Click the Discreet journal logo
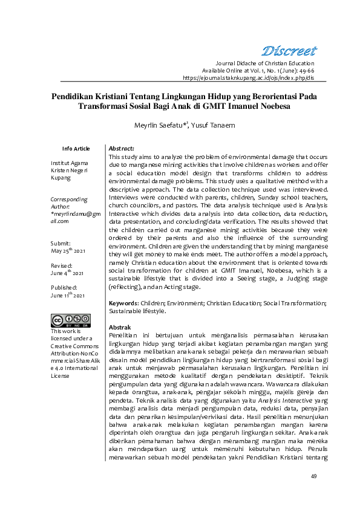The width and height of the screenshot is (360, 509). pos(289,50)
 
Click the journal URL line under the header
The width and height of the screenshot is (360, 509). pos(248,78)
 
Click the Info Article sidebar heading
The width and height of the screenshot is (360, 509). pos(76,149)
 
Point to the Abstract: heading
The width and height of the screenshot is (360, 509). pos(121,148)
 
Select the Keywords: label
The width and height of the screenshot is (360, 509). pos(123,303)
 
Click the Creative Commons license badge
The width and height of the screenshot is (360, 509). pos(70,320)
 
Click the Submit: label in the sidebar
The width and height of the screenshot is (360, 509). pos(61,243)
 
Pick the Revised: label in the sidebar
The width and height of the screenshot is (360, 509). pos(62,265)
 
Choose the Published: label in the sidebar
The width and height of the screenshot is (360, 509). pos(64,288)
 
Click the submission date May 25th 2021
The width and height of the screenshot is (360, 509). pos(68,251)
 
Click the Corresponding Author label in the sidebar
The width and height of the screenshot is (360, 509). pos(69,203)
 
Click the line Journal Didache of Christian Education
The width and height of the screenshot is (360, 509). pos(265,63)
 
